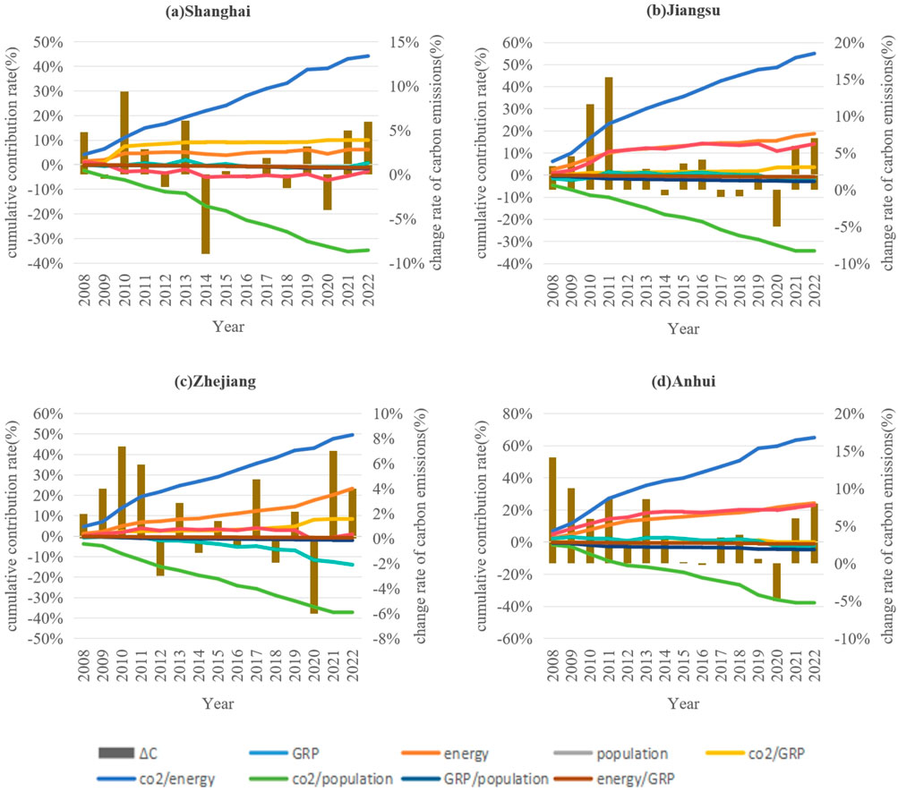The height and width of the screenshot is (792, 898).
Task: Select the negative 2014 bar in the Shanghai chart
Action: coord(206,215)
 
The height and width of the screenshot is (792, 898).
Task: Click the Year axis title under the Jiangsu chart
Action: coord(682,328)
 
